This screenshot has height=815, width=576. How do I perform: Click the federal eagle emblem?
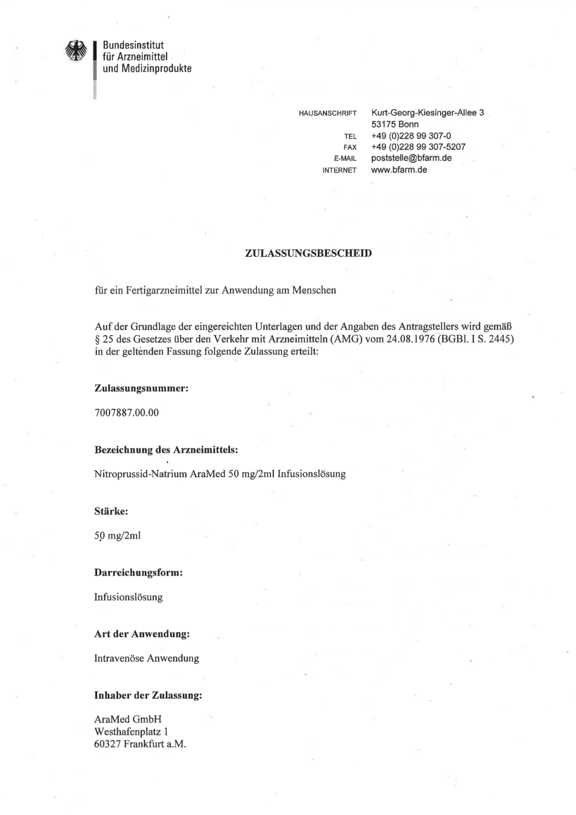coord(76,52)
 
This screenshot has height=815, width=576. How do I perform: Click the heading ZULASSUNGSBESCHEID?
coord(308,253)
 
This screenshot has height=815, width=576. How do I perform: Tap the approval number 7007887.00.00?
coord(126,413)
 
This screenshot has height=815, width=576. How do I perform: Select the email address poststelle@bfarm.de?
coord(411,158)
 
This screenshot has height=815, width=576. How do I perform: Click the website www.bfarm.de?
coord(399,170)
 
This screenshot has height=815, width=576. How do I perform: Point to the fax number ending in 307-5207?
coord(418,147)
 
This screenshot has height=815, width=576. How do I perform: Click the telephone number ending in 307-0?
coord(411,136)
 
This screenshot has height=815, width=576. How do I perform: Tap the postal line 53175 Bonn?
coord(395,124)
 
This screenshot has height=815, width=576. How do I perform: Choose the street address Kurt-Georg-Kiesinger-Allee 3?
coord(427,113)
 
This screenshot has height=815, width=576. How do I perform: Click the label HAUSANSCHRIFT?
coord(327,114)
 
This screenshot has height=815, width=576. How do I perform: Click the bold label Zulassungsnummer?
coord(141,389)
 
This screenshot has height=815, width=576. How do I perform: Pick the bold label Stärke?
coord(111,511)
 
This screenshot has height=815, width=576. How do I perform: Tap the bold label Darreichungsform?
coord(139,573)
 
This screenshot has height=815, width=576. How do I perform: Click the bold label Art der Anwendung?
coord(142,634)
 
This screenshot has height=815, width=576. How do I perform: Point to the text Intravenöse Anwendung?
coord(147,658)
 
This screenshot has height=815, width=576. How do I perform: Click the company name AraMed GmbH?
coord(128,719)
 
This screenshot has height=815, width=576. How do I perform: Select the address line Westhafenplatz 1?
coord(131,731)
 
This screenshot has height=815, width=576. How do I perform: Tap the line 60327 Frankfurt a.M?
coord(140,744)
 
